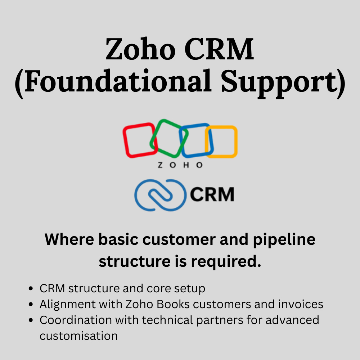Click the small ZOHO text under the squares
pyautogui.click(x=180, y=165)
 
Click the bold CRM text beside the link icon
pyautogui.click(x=212, y=194)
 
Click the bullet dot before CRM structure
pyautogui.click(x=32, y=289)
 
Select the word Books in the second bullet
pyautogui.click(x=174, y=304)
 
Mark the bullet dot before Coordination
pyautogui.click(x=32, y=320)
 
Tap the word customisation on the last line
pyautogui.click(x=78, y=336)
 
